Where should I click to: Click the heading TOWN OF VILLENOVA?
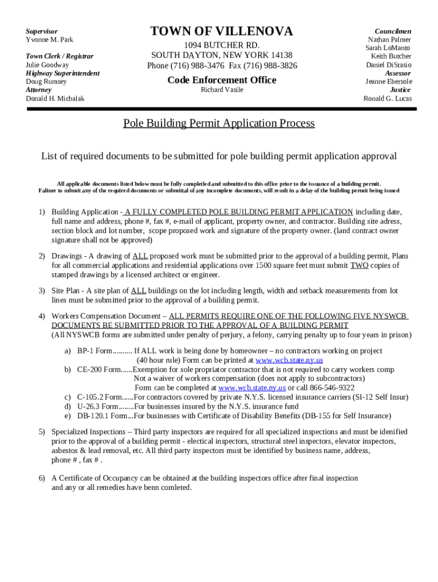tap(221, 32)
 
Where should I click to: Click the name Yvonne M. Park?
tap(49, 40)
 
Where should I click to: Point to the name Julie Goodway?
tap(47, 65)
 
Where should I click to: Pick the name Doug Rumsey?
tap(46, 82)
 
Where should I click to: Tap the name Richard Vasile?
tap(222, 90)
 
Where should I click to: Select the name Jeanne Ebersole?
tap(389, 81)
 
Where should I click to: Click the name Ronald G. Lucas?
tap(387, 98)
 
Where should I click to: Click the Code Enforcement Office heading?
tap(222, 80)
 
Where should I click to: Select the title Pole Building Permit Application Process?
tap(219, 123)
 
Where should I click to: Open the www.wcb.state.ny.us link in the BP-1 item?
tap(289, 360)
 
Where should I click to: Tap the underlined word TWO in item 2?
tap(359, 265)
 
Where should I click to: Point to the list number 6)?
tap(42, 478)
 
